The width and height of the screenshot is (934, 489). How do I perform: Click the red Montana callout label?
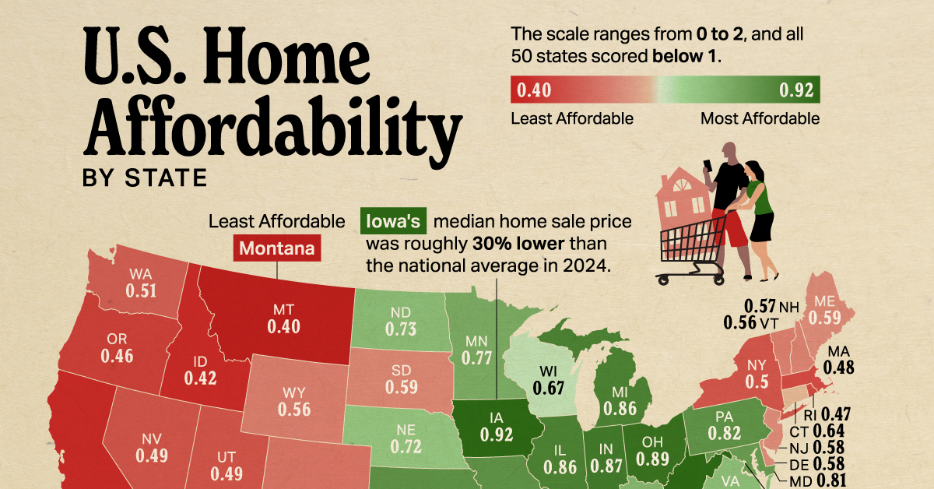(276, 249)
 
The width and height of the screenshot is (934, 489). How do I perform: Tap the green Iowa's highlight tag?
(395, 222)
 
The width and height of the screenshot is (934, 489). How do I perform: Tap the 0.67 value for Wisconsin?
(548, 387)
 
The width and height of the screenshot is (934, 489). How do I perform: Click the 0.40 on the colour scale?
(533, 91)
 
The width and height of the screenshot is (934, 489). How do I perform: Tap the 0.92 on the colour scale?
(797, 91)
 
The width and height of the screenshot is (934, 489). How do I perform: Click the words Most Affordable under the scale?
(760, 118)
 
